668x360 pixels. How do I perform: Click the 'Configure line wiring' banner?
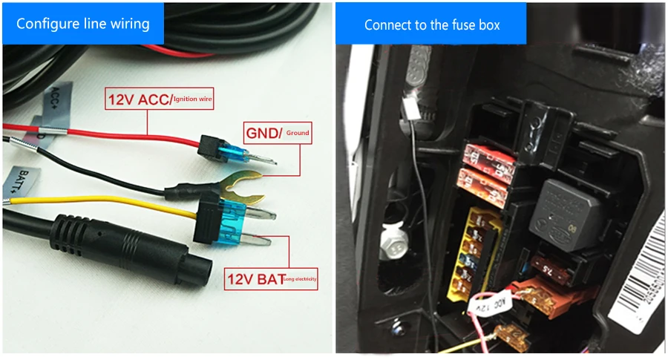click(x=82, y=23)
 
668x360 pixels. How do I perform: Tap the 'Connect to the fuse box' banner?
click(x=431, y=24)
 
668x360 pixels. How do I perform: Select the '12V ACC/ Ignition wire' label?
click(x=160, y=99)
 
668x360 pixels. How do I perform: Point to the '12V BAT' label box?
click(x=271, y=278)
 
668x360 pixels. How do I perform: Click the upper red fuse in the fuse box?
click(x=484, y=157)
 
